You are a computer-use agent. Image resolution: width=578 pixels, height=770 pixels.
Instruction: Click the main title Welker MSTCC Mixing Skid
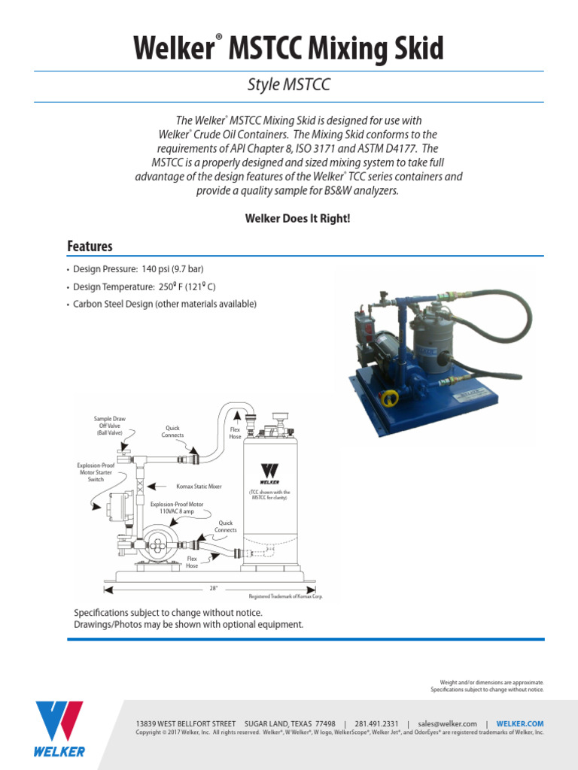pos(288,49)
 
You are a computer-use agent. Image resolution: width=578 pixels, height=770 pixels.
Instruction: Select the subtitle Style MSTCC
pos(288,85)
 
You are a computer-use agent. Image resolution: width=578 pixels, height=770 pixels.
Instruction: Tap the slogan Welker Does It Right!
pos(288,218)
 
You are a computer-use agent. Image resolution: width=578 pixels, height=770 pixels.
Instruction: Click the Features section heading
pos(90,246)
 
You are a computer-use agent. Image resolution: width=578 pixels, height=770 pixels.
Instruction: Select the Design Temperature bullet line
pos(144,286)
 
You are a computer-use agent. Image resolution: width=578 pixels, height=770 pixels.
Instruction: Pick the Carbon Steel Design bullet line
pos(165,304)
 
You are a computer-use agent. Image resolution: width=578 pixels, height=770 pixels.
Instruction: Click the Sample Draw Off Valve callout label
pos(109,426)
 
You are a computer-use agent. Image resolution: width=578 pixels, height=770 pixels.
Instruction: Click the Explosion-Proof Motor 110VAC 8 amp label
pos(177,508)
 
